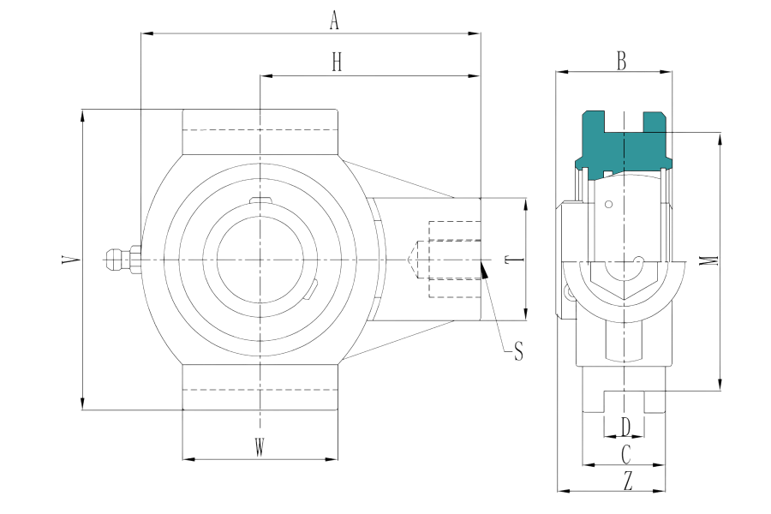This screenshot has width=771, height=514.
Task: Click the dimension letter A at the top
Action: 335,23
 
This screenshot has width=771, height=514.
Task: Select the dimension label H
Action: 337,63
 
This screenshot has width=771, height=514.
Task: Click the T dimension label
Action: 507,260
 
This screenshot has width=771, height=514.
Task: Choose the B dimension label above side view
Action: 622,61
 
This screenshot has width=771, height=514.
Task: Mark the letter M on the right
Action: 705,260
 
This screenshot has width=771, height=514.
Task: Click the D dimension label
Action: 626,425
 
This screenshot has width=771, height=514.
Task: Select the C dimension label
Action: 626,452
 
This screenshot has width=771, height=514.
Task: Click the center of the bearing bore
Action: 260,259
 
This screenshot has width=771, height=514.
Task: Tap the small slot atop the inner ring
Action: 260,201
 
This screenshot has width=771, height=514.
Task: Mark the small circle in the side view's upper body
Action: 608,205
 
